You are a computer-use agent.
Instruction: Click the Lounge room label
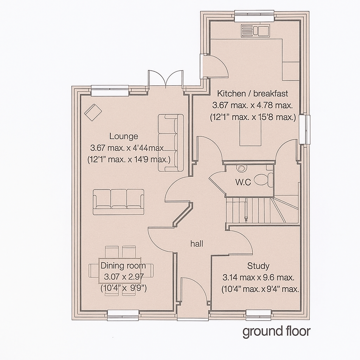click(x=123, y=136)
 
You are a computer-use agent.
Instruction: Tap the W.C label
click(x=243, y=182)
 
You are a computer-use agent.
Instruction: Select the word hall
click(x=197, y=244)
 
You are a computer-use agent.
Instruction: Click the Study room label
click(x=258, y=265)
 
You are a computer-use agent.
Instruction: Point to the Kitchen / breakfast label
click(x=252, y=94)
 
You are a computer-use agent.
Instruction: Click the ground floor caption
click(x=276, y=331)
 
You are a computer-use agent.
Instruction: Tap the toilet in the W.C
click(x=262, y=179)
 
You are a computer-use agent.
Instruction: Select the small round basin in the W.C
click(x=242, y=169)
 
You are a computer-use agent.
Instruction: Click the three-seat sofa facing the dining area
click(x=118, y=201)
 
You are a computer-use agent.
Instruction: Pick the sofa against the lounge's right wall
click(x=171, y=143)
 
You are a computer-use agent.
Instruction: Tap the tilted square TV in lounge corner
click(x=93, y=112)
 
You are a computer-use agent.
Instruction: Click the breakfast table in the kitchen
click(x=251, y=135)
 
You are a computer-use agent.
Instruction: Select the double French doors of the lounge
click(x=165, y=79)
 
